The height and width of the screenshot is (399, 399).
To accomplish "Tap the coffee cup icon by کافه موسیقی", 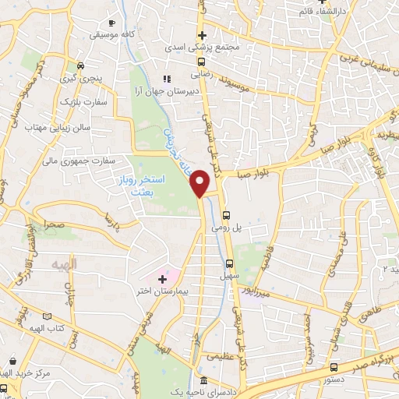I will click(x=112, y=23).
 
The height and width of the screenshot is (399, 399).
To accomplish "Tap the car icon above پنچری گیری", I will click(x=80, y=66).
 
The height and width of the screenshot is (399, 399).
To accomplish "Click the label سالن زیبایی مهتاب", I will click(x=58, y=126).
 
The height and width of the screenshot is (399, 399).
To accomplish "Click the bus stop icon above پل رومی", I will click(x=227, y=216).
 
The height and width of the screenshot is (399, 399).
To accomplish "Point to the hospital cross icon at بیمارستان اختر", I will click(x=162, y=278).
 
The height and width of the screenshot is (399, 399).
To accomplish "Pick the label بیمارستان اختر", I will click(x=161, y=291).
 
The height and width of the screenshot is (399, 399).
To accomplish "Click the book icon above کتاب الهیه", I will click(x=48, y=317).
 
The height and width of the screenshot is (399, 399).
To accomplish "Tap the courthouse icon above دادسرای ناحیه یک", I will click(x=203, y=381).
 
